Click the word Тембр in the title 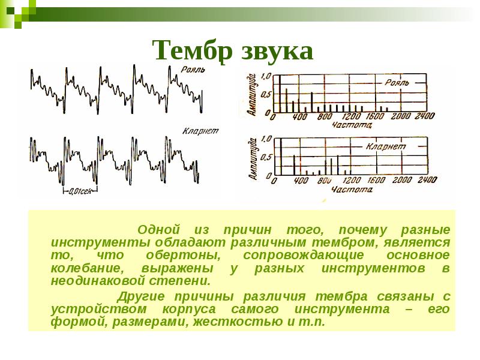[x=188, y=52]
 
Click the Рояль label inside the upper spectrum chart [x=397, y=83]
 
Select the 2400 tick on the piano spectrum [x=424, y=116]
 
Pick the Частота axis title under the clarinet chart [x=351, y=189]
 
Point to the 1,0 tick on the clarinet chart [x=267, y=139]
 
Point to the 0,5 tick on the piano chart [x=267, y=95]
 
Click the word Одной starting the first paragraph [x=159, y=230]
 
